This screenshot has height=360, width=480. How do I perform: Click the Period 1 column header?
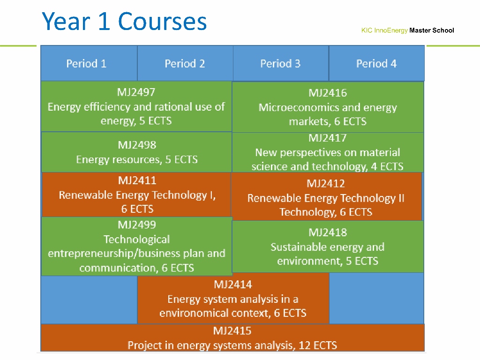point(86,64)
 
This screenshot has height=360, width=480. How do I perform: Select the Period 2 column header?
point(185,64)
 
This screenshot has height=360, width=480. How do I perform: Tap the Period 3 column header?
point(280,64)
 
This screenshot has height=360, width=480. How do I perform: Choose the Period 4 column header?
point(376,64)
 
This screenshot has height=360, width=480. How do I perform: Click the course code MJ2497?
point(136,92)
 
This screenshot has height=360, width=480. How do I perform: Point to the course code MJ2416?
point(328,93)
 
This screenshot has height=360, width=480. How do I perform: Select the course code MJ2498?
point(137,145)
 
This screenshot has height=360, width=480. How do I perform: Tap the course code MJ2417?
point(328,138)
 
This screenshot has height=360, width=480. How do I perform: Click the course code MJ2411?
point(137,180)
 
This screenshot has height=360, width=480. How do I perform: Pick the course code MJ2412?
point(326,183)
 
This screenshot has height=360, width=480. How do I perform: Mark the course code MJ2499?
point(137,225)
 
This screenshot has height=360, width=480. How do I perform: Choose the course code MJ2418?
point(328,232)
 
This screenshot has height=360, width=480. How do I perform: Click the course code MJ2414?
point(233,285)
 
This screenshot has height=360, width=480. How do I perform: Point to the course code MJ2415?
point(232,330)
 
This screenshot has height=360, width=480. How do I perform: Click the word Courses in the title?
point(162,22)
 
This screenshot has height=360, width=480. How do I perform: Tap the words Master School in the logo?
point(432,30)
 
